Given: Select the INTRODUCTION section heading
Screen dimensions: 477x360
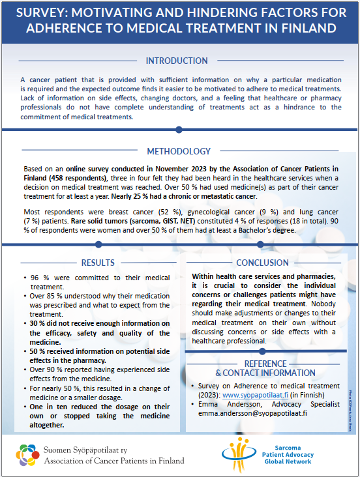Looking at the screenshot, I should [x=179, y=61].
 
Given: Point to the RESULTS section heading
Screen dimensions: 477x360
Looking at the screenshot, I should [x=98, y=263].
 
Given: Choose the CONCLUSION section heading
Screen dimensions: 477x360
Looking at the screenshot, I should [x=263, y=263].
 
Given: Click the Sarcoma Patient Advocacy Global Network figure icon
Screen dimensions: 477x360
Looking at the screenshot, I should [x=234, y=452].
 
